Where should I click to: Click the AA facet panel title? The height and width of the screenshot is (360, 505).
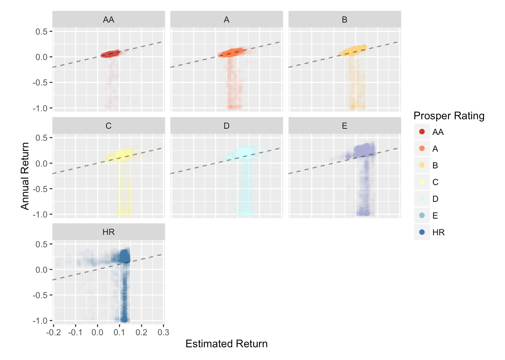click(108, 20)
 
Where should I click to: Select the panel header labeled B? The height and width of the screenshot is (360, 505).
click(345, 20)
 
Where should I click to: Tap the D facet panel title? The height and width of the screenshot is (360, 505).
click(226, 126)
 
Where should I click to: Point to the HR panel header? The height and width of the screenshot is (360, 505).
click(108, 232)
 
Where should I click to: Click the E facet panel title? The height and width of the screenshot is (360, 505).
click(345, 126)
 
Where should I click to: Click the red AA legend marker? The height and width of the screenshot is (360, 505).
click(422, 132)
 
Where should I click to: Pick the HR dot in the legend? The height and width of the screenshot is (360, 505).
click(422, 232)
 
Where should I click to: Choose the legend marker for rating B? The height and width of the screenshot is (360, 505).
click(422, 165)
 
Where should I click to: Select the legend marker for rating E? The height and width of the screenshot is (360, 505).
click(422, 215)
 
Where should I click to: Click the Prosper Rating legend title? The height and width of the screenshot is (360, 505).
click(449, 116)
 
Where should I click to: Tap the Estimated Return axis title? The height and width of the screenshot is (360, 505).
click(226, 344)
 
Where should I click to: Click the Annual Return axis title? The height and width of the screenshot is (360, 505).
click(25, 176)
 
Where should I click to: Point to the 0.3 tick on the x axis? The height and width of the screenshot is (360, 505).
click(163, 332)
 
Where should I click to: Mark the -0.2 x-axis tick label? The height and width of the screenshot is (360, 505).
click(53, 332)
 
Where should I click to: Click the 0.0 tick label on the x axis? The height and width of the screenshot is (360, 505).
click(98, 332)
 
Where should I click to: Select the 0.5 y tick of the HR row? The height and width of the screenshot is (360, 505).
click(41, 244)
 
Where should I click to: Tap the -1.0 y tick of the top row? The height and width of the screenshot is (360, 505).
click(40, 108)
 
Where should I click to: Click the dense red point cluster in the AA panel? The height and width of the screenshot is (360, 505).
click(110, 54)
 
